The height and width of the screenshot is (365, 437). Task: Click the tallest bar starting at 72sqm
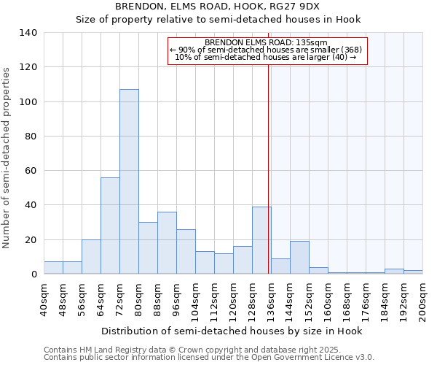(x=129, y=182)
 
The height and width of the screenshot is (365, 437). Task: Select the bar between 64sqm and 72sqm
(x=110, y=226)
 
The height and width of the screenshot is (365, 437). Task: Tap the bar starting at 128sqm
(x=261, y=240)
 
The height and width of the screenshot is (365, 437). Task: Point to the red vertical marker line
(x=269, y=168)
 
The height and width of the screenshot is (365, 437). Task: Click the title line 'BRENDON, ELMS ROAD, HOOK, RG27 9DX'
(x=218, y=7)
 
